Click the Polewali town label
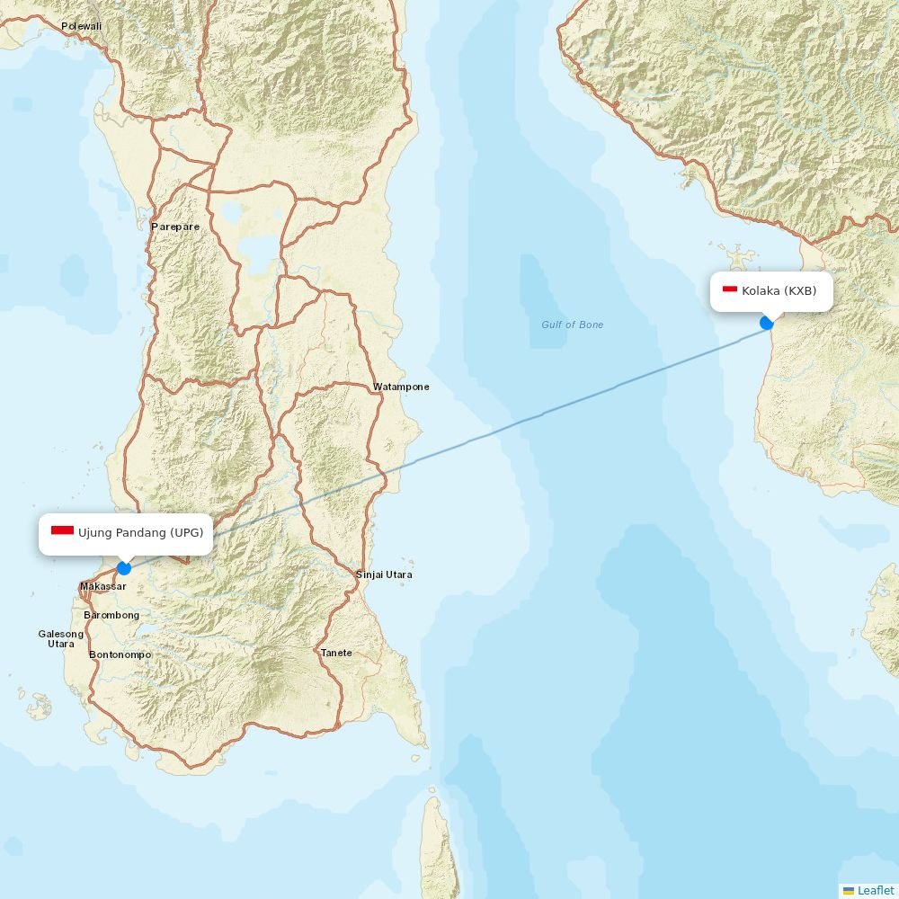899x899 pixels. point(81,26)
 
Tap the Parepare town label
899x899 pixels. point(175,227)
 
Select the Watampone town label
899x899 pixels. point(401,387)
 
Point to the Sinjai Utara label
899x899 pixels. point(384,574)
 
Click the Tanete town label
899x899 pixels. point(336,653)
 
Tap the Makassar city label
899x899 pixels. point(102,586)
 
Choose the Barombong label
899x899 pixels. point(111,615)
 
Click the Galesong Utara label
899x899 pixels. point(61,638)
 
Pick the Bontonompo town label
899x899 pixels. point(120,654)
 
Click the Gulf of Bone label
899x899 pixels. point(573,325)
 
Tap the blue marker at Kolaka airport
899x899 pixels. point(767,323)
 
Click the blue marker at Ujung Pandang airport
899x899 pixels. point(124,568)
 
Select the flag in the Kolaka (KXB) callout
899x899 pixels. point(730,289)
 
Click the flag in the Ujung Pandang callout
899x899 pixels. point(62,531)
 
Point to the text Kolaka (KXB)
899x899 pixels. point(779,290)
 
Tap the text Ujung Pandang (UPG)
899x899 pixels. point(140,532)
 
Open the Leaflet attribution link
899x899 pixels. point(875,890)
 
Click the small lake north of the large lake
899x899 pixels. point(232,213)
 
